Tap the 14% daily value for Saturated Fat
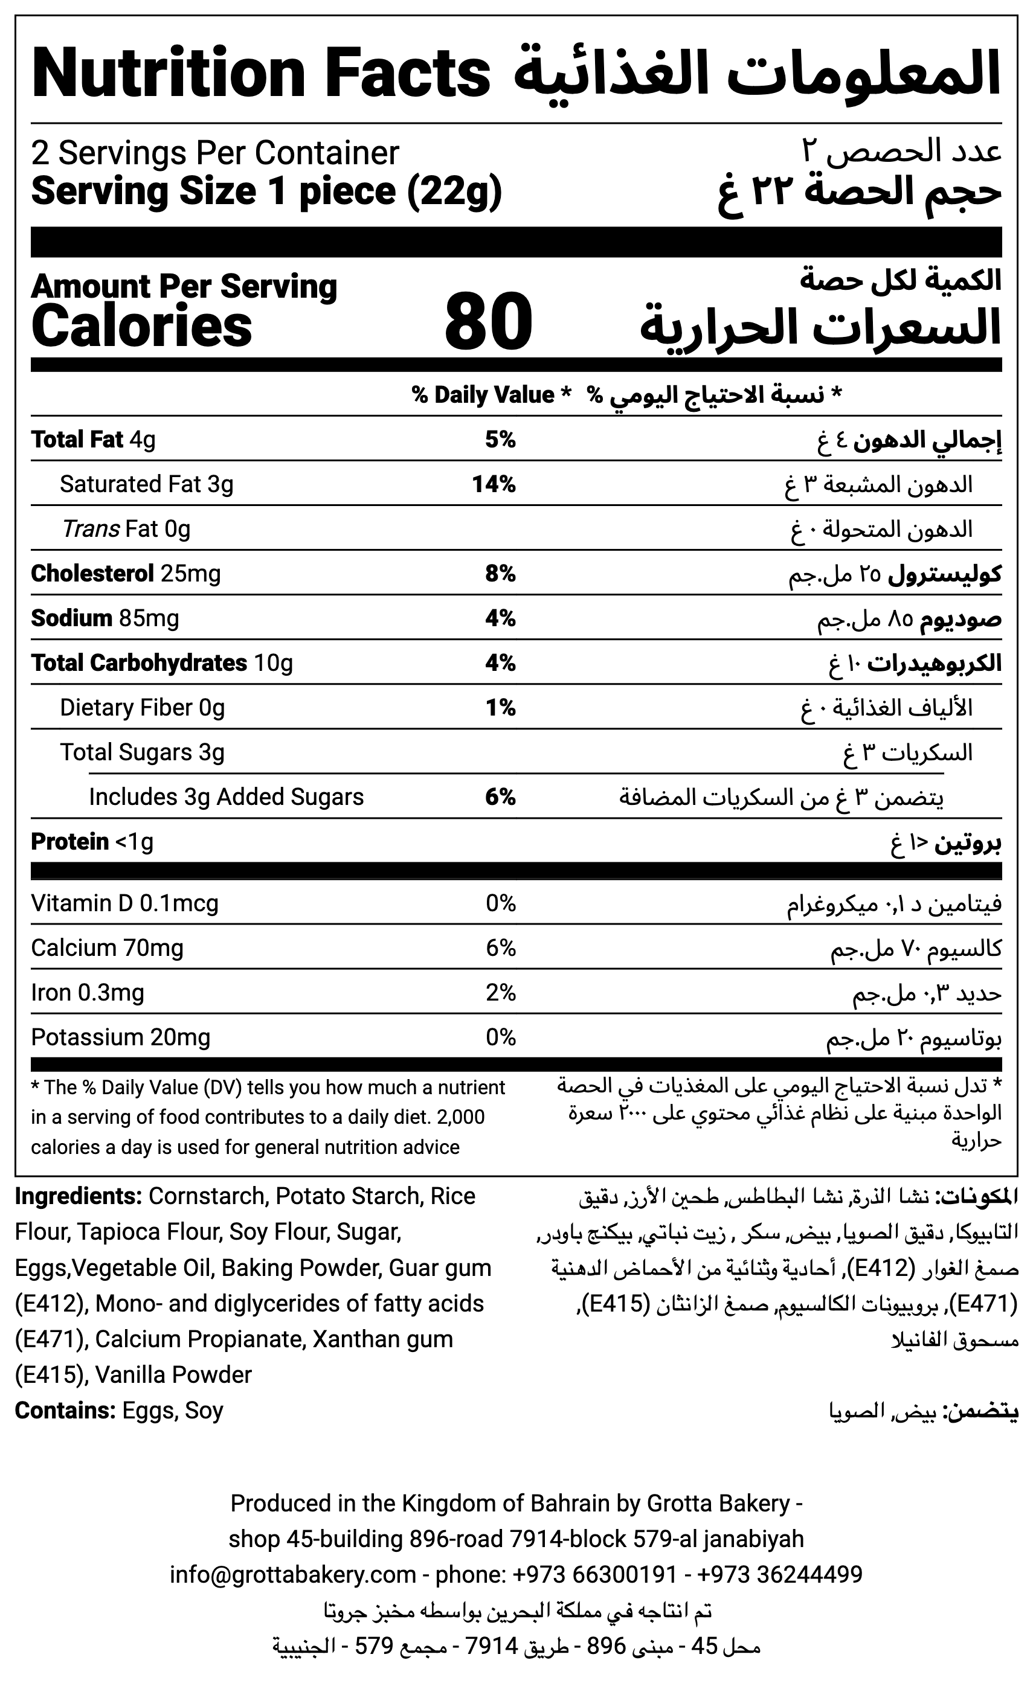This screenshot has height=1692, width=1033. (x=493, y=484)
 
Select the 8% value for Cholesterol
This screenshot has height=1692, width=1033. (x=500, y=574)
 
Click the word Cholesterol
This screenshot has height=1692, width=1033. (x=92, y=574)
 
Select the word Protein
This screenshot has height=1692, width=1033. (x=70, y=841)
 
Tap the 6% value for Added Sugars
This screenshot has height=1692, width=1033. (x=500, y=796)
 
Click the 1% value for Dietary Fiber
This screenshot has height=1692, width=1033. (x=500, y=707)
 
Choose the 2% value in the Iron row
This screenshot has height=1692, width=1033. (x=500, y=992)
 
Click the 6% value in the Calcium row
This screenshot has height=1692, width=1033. (x=500, y=947)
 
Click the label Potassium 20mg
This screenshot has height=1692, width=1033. (x=120, y=1037)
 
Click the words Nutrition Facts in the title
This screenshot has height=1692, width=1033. (x=261, y=74)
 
